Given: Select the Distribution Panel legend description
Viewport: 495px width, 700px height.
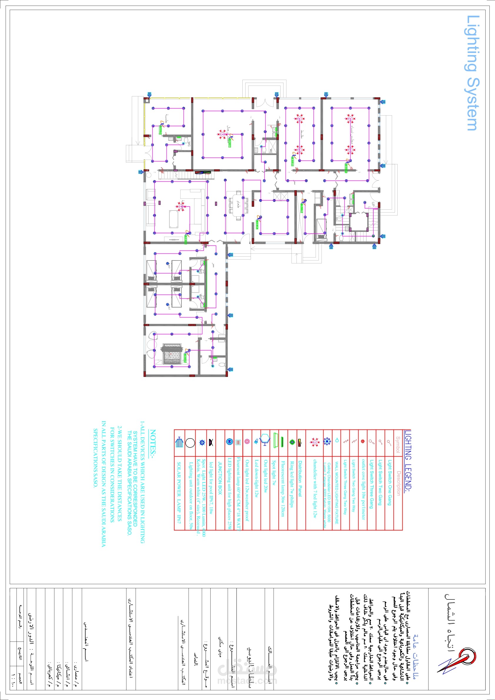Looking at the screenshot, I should (300, 479).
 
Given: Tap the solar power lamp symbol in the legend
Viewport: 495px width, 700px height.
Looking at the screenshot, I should (179, 442).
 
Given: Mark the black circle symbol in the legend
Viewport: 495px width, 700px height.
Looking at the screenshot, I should (190, 443).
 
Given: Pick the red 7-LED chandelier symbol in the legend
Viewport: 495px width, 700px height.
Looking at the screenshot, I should (314, 442).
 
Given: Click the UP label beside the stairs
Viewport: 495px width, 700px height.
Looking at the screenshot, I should (373, 204).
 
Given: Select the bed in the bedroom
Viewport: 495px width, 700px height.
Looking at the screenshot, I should (172, 354).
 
